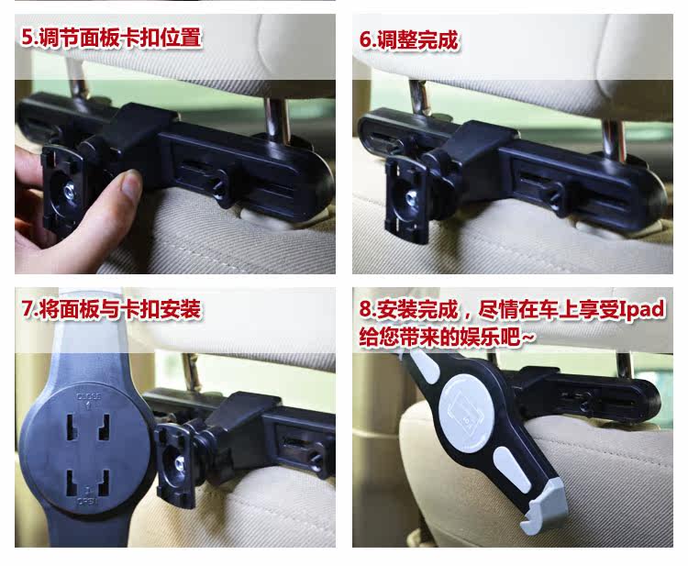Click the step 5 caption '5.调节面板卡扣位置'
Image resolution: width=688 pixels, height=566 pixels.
(111, 38)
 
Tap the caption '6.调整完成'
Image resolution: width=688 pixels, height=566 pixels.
(409, 40)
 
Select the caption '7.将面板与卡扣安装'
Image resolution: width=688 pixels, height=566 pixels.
(111, 309)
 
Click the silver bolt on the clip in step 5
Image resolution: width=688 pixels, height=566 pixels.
(70, 191)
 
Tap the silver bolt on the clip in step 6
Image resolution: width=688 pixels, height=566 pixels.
(412, 196)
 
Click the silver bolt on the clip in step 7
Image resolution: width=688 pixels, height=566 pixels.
(179, 462)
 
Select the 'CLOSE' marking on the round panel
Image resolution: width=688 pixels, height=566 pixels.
(89, 396)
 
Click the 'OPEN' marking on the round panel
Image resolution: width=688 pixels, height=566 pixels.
(88, 501)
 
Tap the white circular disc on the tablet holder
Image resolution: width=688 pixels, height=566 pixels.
(466, 416)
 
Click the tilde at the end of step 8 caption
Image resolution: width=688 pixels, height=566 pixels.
(528, 337)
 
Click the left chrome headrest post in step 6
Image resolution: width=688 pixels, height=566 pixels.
(419, 97)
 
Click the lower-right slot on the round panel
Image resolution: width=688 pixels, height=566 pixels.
(105, 482)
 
